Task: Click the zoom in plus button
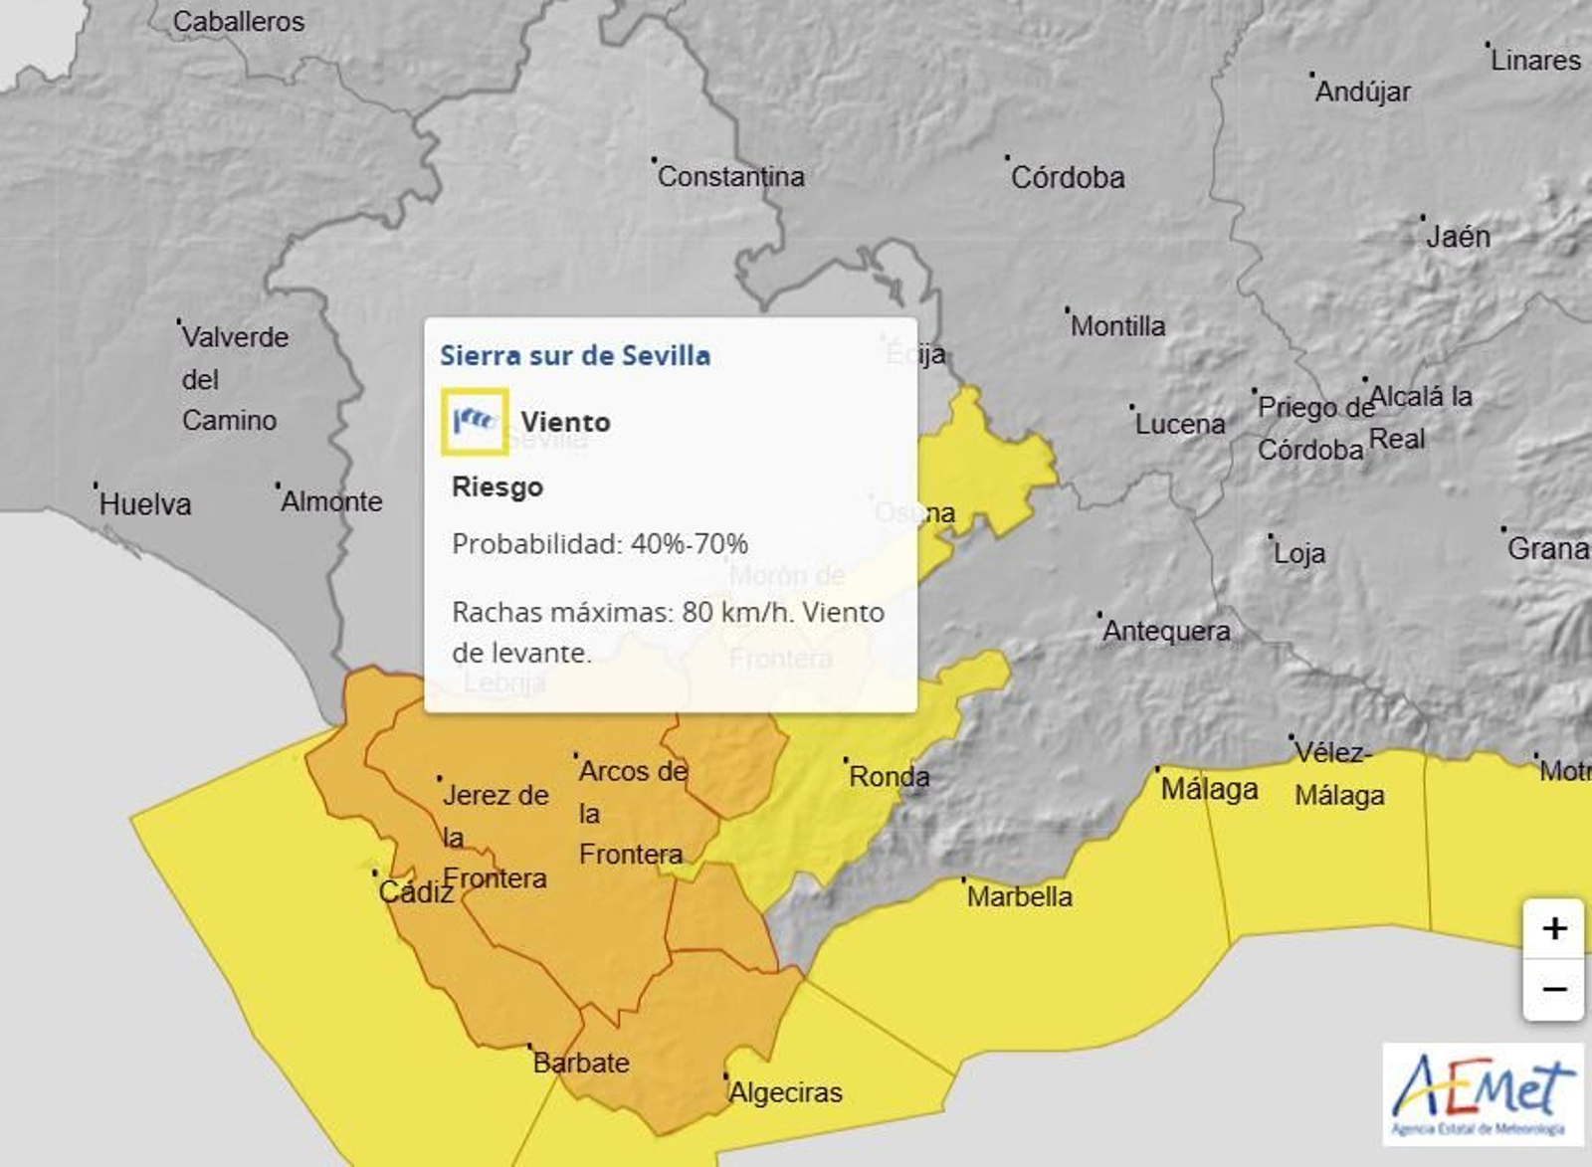click(1553, 929)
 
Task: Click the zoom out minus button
click(1553, 990)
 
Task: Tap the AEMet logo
click(1483, 1094)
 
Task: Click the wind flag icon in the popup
click(475, 421)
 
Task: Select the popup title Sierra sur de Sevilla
click(575, 355)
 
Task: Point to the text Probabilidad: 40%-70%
click(599, 543)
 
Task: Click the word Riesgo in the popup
click(497, 486)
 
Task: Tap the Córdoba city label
click(1068, 177)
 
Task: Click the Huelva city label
click(144, 503)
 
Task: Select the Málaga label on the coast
click(1209, 789)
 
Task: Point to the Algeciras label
click(785, 1092)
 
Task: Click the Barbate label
click(581, 1063)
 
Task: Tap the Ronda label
click(889, 776)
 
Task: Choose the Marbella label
click(1019, 896)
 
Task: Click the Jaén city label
click(1458, 236)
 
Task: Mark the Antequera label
click(1166, 630)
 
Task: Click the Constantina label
click(730, 176)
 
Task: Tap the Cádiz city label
click(416, 891)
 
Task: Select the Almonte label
click(331, 500)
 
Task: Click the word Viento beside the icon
click(565, 422)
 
